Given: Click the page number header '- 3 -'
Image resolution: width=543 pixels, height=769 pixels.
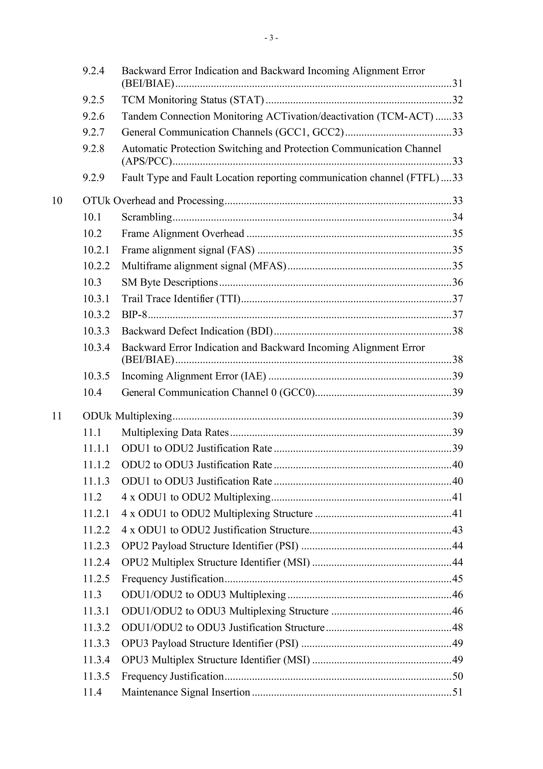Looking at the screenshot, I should [x=271, y=38].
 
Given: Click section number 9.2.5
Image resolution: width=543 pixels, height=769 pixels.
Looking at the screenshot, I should [x=93, y=100].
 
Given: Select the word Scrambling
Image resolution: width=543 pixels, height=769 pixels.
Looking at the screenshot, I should [x=147, y=217].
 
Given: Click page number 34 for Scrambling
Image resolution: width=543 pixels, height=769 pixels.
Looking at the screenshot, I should [x=457, y=217].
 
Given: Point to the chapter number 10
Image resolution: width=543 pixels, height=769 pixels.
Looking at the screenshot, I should [x=57, y=201].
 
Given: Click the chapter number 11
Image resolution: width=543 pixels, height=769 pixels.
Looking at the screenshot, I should [x=57, y=416].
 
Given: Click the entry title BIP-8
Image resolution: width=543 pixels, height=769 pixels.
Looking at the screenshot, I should [x=134, y=315].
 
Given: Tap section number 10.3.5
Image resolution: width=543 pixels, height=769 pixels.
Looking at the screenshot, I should [x=96, y=376].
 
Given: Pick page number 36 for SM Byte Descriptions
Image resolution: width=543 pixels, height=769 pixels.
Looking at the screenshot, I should [x=457, y=282].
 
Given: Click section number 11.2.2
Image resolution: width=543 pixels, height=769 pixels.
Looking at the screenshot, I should [x=96, y=530].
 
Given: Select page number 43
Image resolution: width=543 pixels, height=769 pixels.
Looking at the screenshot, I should [x=457, y=530].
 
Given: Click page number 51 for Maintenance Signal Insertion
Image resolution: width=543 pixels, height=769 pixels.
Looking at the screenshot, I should [x=457, y=692].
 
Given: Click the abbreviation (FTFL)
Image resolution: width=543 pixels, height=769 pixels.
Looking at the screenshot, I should [x=423, y=178].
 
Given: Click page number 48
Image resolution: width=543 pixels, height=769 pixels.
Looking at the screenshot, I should [x=457, y=627].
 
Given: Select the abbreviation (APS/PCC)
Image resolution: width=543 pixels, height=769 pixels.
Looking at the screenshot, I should [x=147, y=161].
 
